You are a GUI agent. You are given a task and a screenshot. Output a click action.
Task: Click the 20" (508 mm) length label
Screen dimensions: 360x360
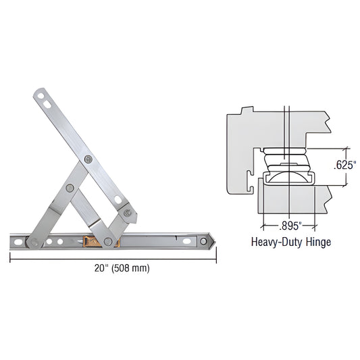(113, 267)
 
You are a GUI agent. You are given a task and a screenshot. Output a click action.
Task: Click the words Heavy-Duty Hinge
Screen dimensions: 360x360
(291, 241)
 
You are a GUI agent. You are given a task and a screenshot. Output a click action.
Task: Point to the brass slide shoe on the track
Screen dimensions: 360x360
(88, 240)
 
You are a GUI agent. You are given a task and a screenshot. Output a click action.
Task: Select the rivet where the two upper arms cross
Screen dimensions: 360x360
(90, 159)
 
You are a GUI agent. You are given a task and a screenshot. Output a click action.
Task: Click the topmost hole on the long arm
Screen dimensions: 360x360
(41, 95)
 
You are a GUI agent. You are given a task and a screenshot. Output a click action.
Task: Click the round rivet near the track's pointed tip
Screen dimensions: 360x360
(203, 239)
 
